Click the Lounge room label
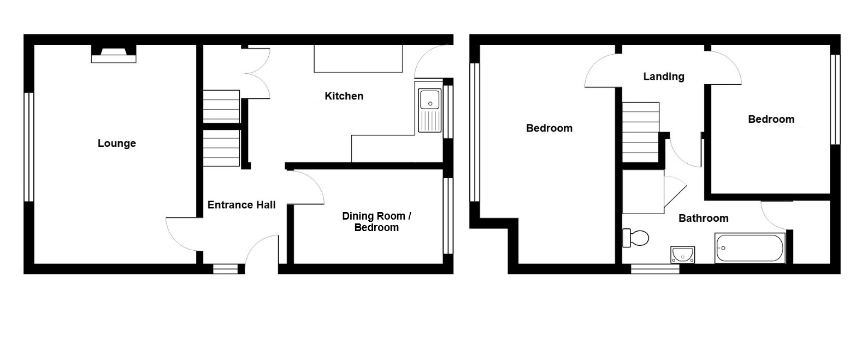click(x=117, y=143)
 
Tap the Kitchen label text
click(x=344, y=96)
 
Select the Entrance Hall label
click(x=241, y=205)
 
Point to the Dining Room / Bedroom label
click(x=376, y=222)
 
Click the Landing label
click(x=664, y=76)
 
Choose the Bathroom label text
click(x=704, y=218)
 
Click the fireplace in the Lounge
click(x=114, y=54)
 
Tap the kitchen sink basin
click(x=430, y=99)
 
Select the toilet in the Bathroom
click(x=635, y=238)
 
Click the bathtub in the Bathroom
click(x=750, y=248)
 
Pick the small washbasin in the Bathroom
click(x=682, y=255)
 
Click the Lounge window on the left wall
click(x=29, y=147)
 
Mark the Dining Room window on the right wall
click(x=448, y=216)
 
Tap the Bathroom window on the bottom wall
click(x=655, y=269)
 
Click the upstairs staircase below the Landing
click(x=641, y=132)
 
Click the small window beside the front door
click(x=226, y=269)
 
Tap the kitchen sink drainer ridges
click(x=430, y=121)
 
